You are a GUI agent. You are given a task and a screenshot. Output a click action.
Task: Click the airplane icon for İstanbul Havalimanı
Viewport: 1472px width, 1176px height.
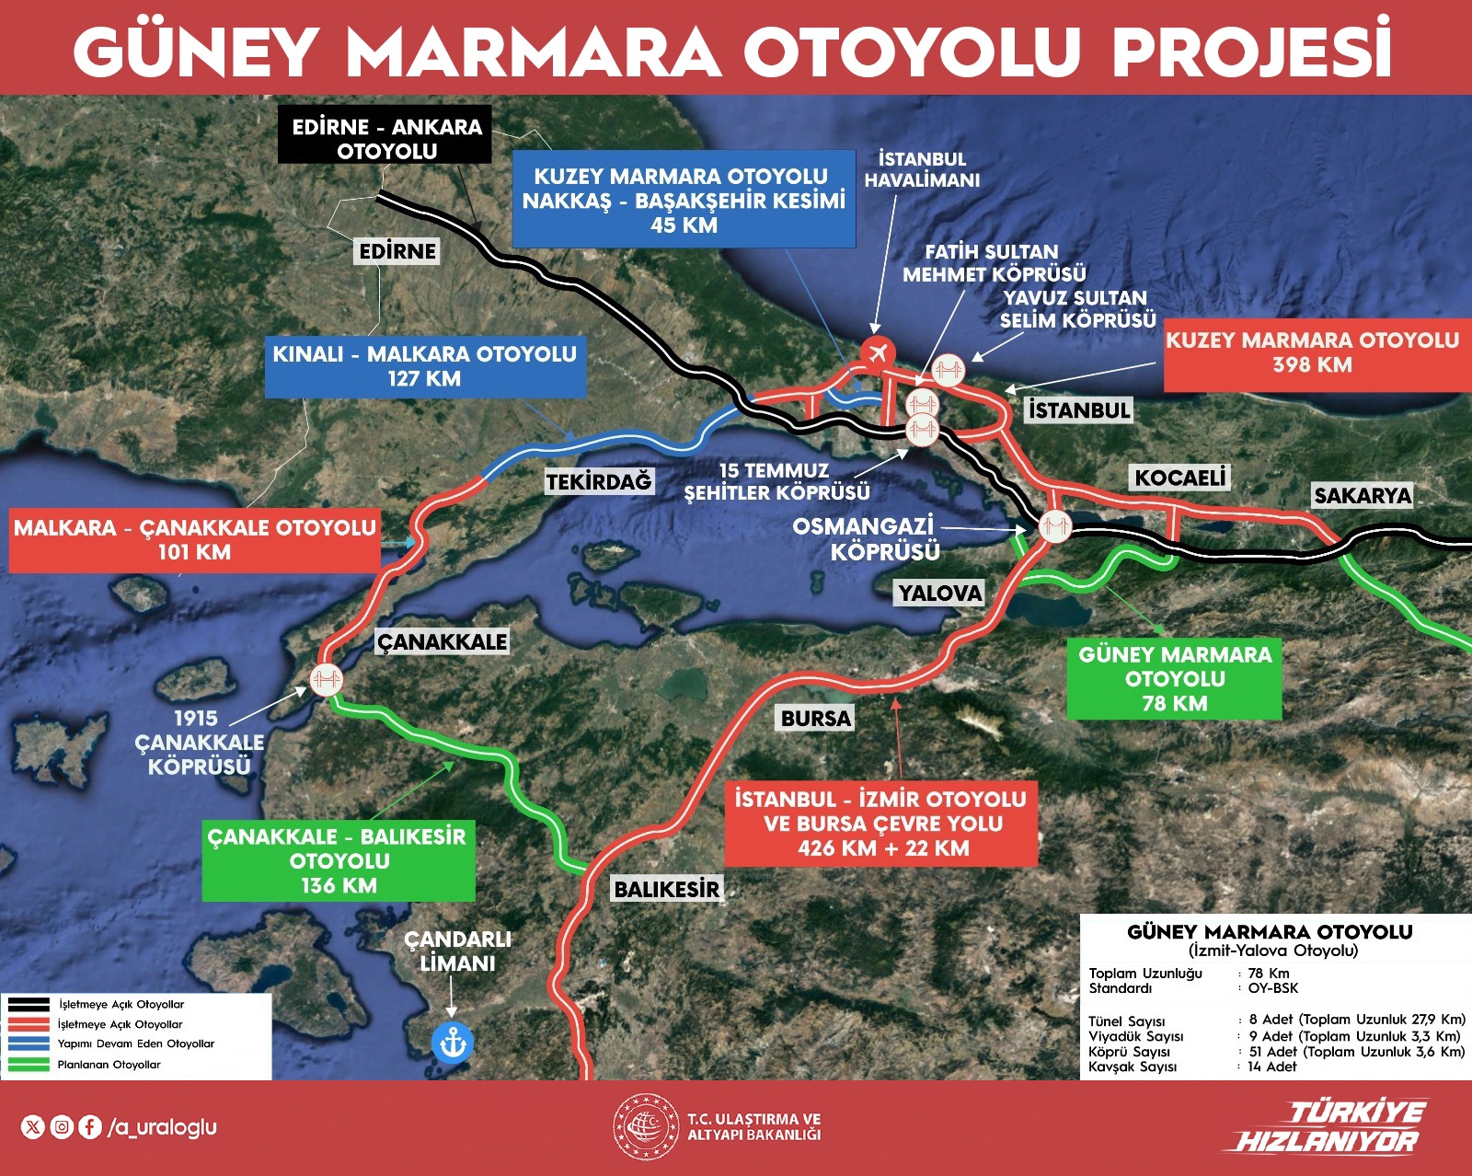click(878, 351)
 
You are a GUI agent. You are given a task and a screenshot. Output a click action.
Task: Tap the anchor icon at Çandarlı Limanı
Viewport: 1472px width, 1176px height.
click(452, 1043)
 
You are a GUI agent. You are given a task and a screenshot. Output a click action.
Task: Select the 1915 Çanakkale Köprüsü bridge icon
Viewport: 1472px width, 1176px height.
click(326, 680)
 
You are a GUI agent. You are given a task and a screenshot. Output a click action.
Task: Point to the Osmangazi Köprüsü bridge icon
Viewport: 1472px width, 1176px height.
click(1054, 526)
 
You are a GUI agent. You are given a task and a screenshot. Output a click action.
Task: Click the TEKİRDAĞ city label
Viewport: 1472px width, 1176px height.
click(598, 481)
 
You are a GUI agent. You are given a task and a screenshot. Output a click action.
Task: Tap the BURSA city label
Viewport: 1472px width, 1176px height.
click(816, 718)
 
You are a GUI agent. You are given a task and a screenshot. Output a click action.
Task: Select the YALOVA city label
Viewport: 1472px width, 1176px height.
click(940, 593)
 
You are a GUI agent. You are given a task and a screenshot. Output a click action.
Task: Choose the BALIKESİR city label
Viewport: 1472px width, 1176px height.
click(667, 889)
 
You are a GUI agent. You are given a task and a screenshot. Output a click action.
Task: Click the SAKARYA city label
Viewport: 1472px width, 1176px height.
click(1363, 496)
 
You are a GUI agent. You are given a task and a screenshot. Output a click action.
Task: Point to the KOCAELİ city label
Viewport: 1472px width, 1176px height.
click(1180, 478)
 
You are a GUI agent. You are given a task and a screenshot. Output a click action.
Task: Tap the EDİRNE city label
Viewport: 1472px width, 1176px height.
click(397, 251)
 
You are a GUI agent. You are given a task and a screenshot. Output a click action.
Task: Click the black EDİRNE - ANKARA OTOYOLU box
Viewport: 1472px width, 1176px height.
click(386, 138)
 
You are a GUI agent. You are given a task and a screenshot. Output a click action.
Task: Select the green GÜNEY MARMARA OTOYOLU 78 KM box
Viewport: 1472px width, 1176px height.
click(1175, 679)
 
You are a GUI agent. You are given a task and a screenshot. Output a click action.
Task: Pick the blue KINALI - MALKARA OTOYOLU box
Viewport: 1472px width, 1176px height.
click(425, 366)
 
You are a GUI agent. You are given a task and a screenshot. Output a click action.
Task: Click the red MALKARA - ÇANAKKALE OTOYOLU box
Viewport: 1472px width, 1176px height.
click(194, 540)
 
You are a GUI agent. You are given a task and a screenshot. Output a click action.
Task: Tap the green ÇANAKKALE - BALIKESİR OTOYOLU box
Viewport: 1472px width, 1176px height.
click(339, 860)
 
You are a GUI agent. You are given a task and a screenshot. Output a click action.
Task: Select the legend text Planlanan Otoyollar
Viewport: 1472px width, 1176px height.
click(109, 1065)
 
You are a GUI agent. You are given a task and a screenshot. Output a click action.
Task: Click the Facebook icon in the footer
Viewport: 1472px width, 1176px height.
click(90, 1126)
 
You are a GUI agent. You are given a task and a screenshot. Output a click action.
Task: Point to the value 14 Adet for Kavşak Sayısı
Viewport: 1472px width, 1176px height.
click(1272, 1066)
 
